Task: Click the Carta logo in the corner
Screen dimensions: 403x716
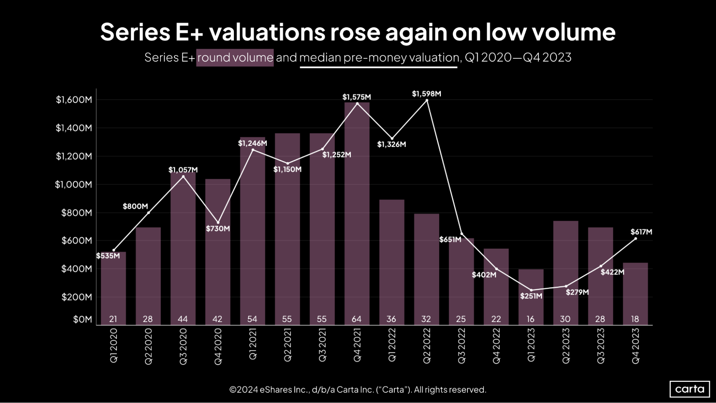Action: [689, 389]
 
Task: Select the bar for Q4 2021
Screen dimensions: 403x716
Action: [357, 215]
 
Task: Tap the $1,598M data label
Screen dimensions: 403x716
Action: [426, 94]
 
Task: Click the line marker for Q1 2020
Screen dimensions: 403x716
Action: [114, 250]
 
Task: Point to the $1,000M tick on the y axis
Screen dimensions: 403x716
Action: [73, 184]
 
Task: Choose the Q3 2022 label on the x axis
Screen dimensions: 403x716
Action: [461, 346]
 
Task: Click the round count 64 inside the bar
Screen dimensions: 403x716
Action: [356, 319]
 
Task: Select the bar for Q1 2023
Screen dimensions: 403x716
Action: [530, 297]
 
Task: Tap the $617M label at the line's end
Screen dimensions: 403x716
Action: [641, 232]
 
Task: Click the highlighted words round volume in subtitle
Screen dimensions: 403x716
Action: [235, 58]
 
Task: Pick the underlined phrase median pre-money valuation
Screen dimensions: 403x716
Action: [379, 58]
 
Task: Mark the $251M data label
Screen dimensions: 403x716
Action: [531, 296]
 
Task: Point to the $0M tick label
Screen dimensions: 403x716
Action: [82, 319]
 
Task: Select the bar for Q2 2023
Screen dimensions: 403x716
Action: [565, 272]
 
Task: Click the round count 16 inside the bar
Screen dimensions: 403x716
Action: [530, 319]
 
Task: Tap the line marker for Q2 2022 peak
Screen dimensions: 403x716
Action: [427, 101]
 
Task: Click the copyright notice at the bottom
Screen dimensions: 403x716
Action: [357, 389]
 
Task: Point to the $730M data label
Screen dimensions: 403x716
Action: [218, 229]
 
